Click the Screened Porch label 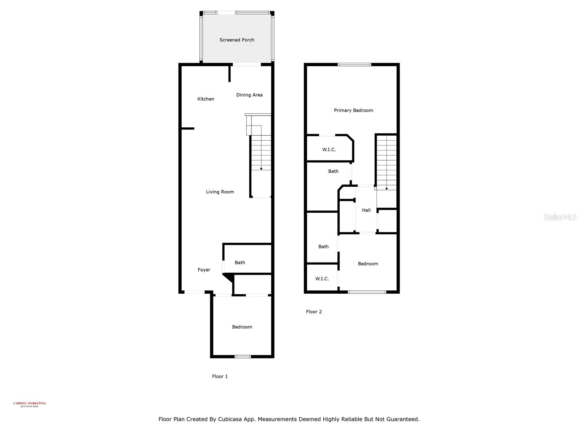coord(237,40)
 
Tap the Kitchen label coord(206,99)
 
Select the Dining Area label coord(249,95)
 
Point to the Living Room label coord(220,192)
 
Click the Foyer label coord(204,270)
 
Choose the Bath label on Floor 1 coord(240,263)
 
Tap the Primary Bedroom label coord(353,110)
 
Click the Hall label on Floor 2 coord(366,210)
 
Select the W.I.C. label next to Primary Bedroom coord(329,149)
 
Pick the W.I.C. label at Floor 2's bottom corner coord(322,278)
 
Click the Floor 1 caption coord(220,376)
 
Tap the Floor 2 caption coord(314,312)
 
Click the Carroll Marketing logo coord(30,404)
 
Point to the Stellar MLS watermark coord(560,217)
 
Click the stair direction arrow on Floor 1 coord(261,169)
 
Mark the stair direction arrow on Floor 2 coord(386,188)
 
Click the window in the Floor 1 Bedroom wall coord(242,357)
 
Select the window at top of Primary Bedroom coord(354,65)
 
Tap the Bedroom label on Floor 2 coord(368,264)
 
